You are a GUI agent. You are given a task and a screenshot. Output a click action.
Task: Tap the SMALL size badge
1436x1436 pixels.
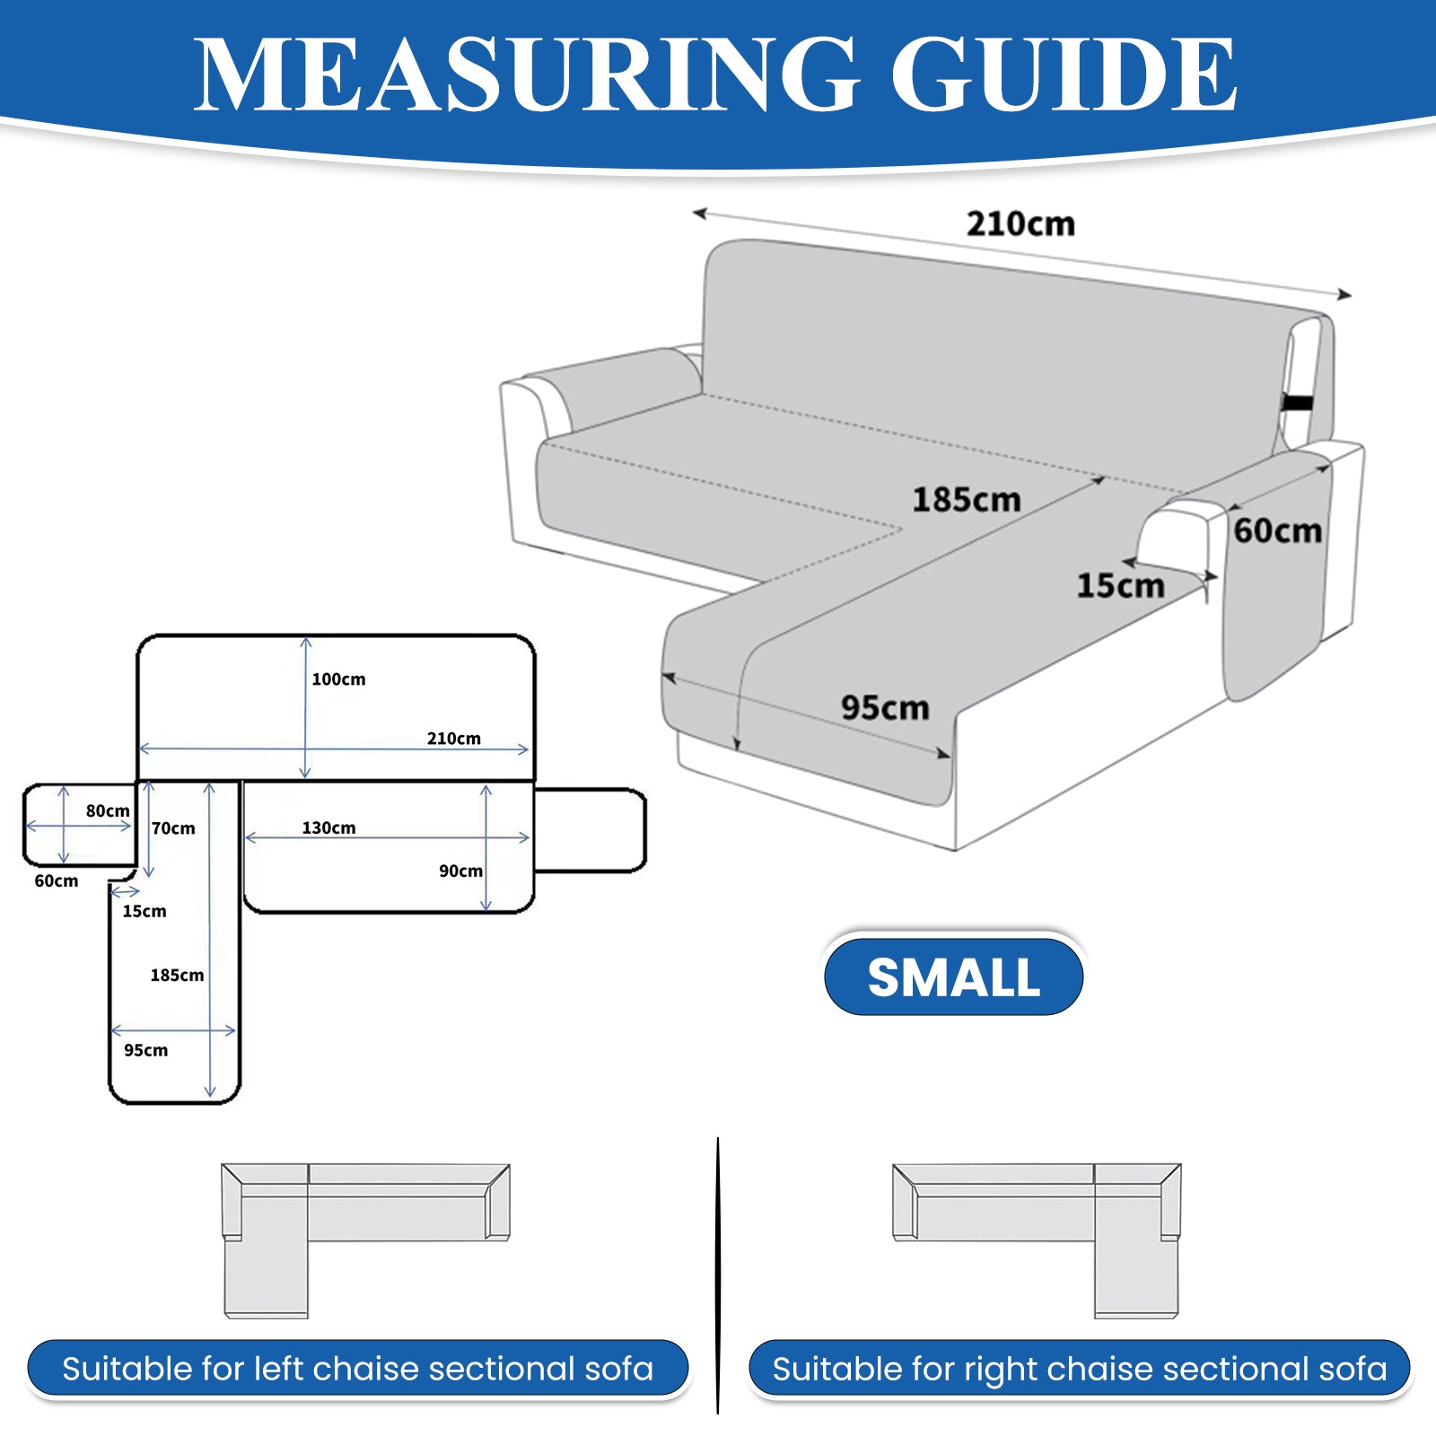[953, 976]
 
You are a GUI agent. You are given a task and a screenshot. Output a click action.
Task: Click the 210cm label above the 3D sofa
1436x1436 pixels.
[1020, 223]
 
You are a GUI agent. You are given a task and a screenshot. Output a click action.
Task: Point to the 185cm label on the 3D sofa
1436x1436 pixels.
[967, 499]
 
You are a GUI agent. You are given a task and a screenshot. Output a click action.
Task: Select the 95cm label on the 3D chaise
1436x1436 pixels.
[885, 707]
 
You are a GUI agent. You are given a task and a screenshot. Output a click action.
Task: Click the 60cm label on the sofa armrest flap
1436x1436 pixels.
[1277, 530]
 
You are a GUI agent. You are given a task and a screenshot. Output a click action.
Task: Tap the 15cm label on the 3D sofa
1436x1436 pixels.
[1120, 585]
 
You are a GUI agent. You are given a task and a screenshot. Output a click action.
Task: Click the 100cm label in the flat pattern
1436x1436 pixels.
[338, 679]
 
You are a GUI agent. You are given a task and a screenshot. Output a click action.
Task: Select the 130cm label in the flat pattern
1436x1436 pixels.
[328, 827]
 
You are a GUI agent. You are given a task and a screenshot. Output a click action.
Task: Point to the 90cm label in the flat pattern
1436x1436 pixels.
[460, 871]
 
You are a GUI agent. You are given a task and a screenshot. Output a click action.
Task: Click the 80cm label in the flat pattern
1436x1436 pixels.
[108, 810]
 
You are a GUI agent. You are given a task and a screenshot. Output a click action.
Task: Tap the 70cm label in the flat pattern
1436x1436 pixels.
[173, 827]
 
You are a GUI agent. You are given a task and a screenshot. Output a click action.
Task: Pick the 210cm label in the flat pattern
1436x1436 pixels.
[453, 738]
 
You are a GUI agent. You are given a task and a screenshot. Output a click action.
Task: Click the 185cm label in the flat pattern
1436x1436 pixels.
[177, 975]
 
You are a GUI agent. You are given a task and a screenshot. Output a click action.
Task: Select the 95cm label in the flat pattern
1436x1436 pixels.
[145, 1050]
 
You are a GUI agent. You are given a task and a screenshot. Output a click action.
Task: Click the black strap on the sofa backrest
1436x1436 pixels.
[1298, 402]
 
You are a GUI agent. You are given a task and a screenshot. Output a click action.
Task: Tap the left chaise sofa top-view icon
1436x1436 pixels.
[365, 1241]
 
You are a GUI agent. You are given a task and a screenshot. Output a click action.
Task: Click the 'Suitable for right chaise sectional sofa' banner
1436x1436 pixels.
[1079, 1369]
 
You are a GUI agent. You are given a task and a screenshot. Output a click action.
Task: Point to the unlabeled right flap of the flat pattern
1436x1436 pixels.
[590, 830]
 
